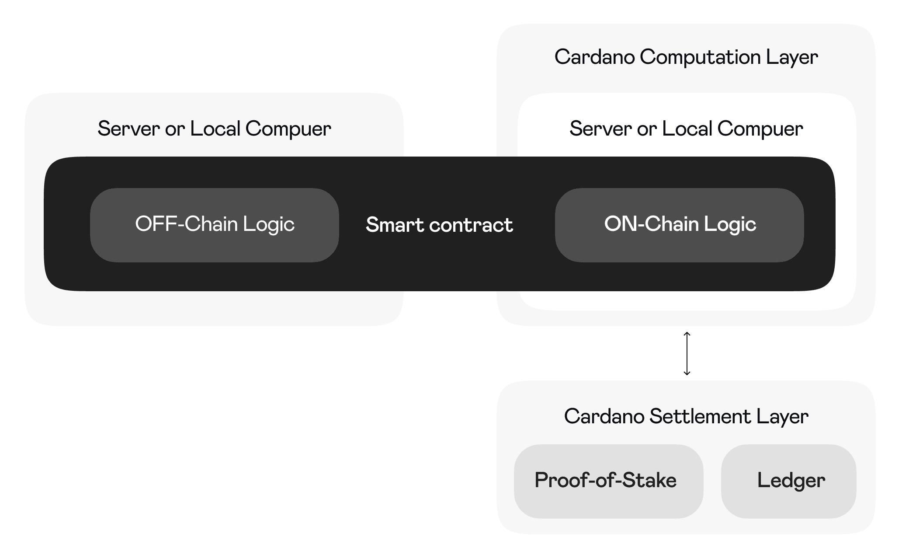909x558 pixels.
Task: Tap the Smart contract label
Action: point(439,225)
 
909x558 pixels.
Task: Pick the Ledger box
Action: point(788,481)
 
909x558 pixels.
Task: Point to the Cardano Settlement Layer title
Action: point(686,416)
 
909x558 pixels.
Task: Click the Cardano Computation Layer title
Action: point(686,57)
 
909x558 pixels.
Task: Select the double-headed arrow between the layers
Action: point(687,353)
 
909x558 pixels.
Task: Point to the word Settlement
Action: point(700,416)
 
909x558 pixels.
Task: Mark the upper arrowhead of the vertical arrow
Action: point(687,334)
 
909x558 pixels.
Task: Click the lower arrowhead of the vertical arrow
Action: point(687,373)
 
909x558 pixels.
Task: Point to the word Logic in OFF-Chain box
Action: point(269,225)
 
